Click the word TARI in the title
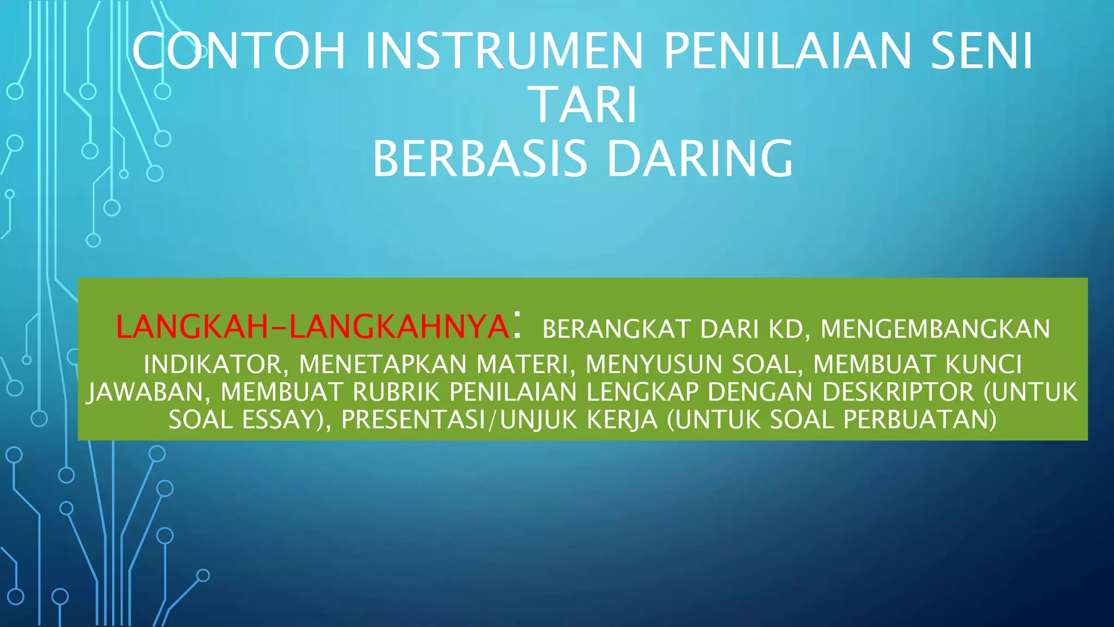coord(584,104)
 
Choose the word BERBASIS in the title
coord(480,158)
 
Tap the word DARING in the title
coord(700,158)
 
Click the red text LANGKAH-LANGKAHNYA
coord(312,327)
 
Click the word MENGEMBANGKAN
coord(935,329)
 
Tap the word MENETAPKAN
coord(383,365)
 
